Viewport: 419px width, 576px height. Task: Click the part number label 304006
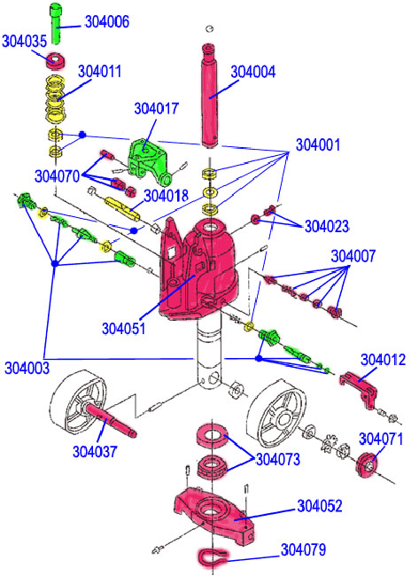coord(107,22)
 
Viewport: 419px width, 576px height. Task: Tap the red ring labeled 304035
coord(56,60)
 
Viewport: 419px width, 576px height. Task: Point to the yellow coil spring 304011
coord(56,99)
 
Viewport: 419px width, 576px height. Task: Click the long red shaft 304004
coord(211,97)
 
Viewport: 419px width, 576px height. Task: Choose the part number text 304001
coord(318,145)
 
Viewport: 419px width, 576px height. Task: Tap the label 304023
coord(327,226)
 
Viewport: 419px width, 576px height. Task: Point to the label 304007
coord(353,256)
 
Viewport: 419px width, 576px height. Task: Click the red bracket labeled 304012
coord(359,389)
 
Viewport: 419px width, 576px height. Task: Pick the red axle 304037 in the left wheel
coord(112,419)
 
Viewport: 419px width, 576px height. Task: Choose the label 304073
coord(278,459)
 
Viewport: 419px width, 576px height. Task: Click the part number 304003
coord(27,368)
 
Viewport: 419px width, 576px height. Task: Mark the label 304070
coord(57,176)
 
